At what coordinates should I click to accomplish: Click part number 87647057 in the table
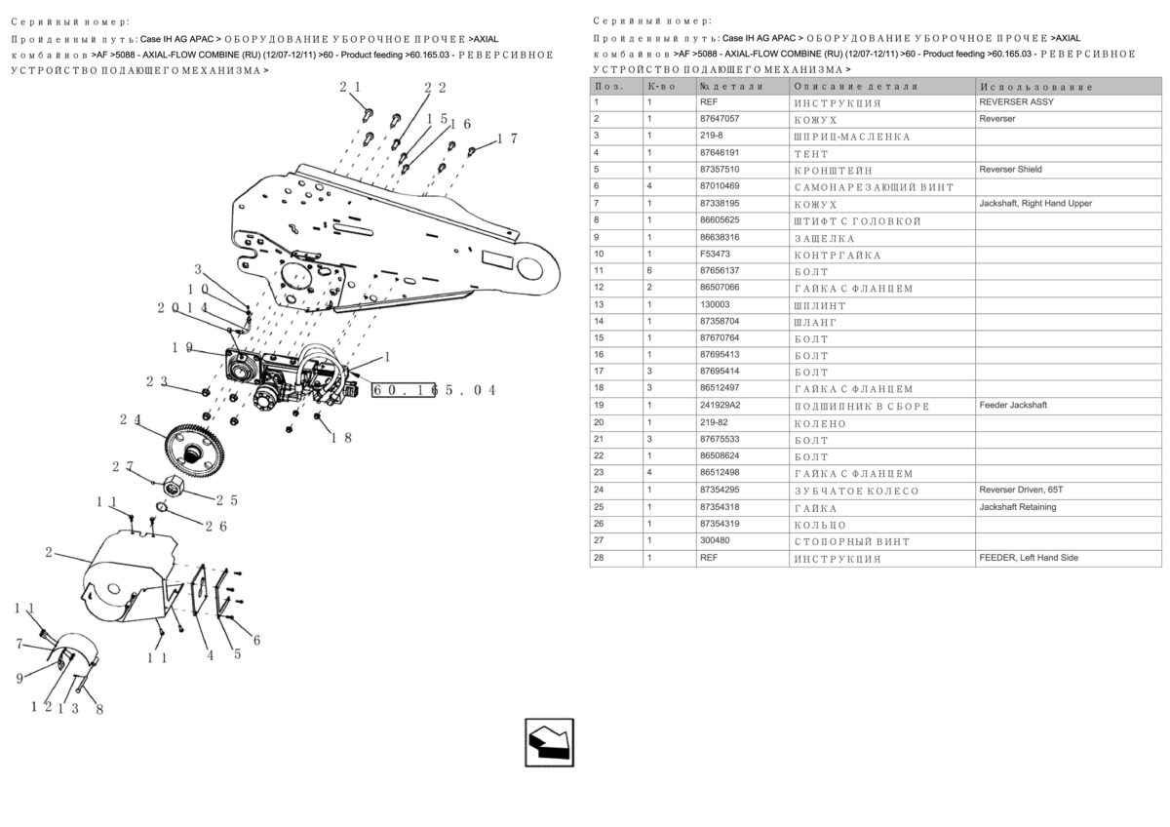pos(720,119)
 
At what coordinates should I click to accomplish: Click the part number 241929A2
pos(721,406)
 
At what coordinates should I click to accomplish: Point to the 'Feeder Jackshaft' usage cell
pos(1013,406)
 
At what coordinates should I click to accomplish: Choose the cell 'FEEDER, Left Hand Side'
pos(1029,558)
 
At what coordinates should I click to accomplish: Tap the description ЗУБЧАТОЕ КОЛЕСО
pos(856,491)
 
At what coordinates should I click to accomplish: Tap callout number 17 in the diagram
pos(507,138)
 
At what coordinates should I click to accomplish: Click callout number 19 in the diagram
pos(180,347)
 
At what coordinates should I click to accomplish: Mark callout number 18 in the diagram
pos(340,437)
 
